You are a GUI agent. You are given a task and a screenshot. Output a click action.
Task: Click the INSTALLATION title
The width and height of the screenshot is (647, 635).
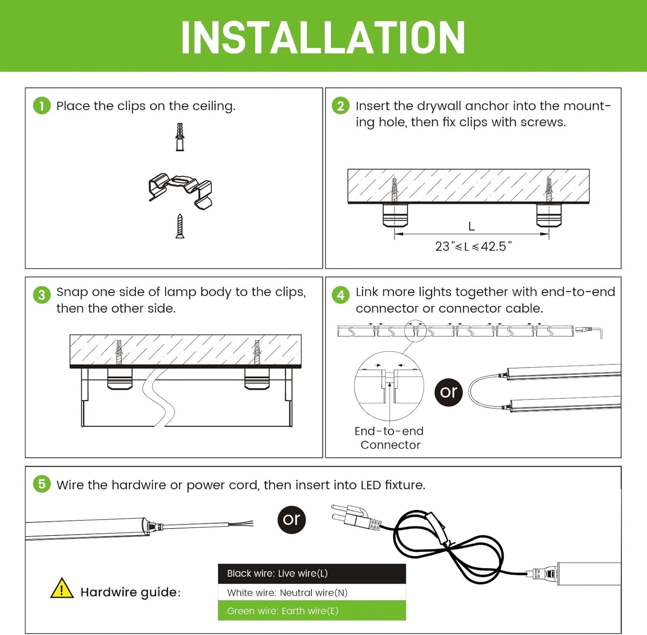[x=323, y=38]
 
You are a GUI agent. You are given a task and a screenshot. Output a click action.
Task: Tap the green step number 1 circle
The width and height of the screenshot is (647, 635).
[x=42, y=106]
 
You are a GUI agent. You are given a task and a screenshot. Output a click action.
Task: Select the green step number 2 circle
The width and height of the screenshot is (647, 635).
[x=341, y=106]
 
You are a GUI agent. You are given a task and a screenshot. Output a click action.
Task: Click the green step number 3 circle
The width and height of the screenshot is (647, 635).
[x=42, y=295]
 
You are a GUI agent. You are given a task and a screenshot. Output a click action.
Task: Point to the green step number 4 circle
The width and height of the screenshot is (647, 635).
[x=341, y=295]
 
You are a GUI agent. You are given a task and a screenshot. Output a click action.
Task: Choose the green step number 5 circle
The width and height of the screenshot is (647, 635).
[x=42, y=484]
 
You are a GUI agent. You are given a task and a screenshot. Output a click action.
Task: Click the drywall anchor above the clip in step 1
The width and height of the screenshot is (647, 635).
[x=180, y=137]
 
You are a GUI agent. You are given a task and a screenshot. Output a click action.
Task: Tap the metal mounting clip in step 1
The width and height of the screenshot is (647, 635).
[x=180, y=190]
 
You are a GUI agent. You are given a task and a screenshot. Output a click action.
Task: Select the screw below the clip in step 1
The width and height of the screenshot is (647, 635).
[x=180, y=226]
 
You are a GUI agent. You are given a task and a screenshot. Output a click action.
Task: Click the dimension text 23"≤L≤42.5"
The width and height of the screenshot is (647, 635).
[x=473, y=247]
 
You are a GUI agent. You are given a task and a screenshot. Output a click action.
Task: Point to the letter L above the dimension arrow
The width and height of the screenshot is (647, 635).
[x=471, y=227]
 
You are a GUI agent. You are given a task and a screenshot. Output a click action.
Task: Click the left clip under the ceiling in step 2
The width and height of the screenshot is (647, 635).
[x=395, y=215]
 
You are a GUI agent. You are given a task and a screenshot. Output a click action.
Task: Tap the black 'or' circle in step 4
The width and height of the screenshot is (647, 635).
[x=448, y=392]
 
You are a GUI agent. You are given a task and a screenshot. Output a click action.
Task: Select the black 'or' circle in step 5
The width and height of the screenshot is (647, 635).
[x=291, y=519]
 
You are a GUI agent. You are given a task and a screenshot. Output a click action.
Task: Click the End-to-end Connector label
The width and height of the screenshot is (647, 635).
[x=389, y=438]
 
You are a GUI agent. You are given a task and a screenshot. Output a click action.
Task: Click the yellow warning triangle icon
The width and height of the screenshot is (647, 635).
[x=62, y=588]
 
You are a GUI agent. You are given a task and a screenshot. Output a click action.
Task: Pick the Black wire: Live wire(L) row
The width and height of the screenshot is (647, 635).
[x=312, y=574]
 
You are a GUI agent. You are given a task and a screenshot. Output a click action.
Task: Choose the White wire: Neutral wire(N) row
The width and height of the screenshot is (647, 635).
[x=312, y=592]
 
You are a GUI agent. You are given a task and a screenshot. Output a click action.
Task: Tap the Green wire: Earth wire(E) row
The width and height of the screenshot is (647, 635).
[x=312, y=611]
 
